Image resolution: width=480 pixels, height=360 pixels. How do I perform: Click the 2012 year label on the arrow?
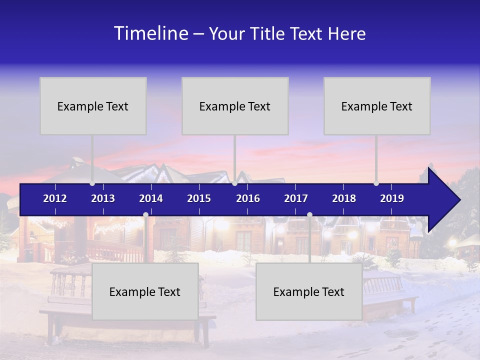tap(55, 198)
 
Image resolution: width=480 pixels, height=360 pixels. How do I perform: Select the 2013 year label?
tap(103, 198)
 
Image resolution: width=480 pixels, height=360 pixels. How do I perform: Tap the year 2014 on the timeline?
tap(151, 198)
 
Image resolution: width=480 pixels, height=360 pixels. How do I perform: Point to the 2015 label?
tap(199, 198)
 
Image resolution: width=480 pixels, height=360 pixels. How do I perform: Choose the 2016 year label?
tap(248, 198)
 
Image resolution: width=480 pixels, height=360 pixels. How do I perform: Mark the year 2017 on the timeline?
tap(296, 198)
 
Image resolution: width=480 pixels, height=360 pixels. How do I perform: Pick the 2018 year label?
tap(344, 198)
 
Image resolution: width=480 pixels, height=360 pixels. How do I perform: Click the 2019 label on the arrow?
tap(392, 198)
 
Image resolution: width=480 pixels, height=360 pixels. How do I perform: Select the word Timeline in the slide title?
tap(150, 33)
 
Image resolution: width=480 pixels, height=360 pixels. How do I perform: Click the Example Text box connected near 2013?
tap(93, 106)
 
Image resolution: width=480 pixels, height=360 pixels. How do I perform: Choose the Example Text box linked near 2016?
tap(235, 106)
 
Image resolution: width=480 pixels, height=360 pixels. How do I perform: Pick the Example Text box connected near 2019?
tap(377, 106)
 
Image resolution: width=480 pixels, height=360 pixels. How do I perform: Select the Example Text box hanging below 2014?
tap(145, 291)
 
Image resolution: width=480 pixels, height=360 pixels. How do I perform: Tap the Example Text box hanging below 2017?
tap(309, 291)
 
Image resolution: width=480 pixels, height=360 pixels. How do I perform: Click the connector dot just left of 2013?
tap(92, 183)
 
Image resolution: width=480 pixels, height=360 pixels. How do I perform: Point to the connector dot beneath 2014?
tap(145, 215)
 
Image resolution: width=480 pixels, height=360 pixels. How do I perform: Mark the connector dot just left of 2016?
tap(234, 183)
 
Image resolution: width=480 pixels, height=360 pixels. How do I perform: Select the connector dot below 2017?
tap(309, 215)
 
